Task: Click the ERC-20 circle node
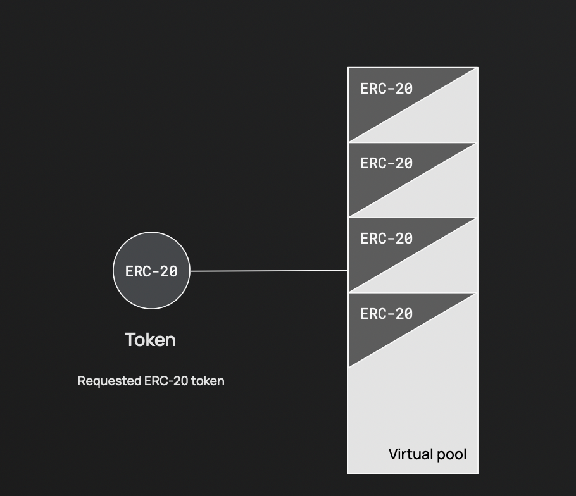coord(151,271)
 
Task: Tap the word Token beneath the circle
coord(150,340)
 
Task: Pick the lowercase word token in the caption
coord(208,381)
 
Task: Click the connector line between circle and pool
coord(269,271)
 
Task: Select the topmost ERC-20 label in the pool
coord(386,89)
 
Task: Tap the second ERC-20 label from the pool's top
coord(386,163)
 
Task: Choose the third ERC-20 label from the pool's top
coord(386,239)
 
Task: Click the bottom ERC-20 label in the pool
coord(386,313)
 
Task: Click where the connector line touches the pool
coord(347,270)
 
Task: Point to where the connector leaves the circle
coord(190,271)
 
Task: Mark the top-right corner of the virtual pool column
coord(478,67)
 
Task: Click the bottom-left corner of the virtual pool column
coord(348,473)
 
